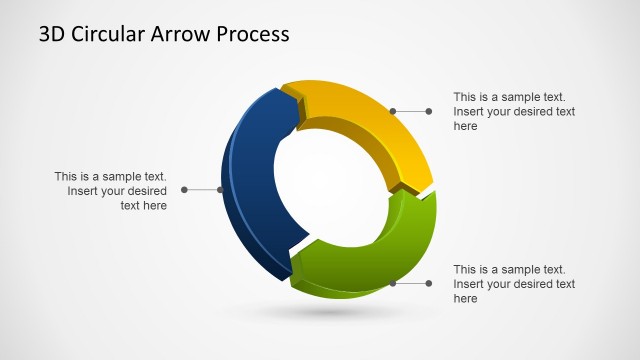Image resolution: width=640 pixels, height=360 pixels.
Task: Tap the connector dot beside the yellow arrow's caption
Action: (x=429, y=111)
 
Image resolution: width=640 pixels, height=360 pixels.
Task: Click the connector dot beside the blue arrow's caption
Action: (x=184, y=189)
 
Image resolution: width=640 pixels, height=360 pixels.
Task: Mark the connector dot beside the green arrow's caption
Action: (x=429, y=283)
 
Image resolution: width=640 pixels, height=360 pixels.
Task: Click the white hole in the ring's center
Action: (x=330, y=190)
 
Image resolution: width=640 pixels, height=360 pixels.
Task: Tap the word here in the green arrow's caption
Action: (x=465, y=299)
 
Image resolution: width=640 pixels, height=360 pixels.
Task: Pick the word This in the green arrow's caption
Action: (x=467, y=269)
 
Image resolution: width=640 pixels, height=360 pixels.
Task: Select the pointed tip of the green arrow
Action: (x=294, y=267)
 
